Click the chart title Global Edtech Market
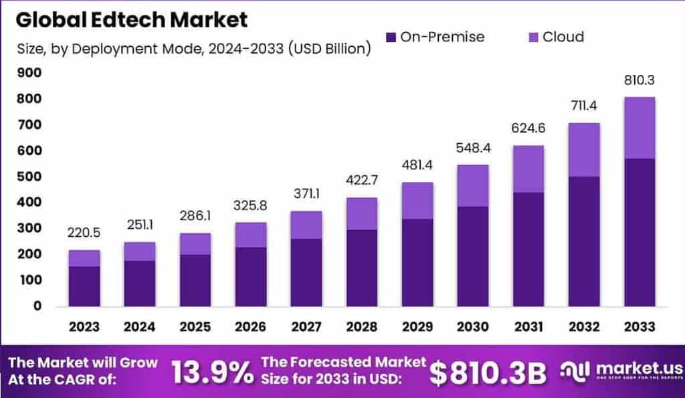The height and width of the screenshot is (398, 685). (x=132, y=19)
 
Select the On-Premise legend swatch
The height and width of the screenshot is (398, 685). (x=391, y=37)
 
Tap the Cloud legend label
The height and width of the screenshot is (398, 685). (x=563, y=37)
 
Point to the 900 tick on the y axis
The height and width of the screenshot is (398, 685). (x=29, y=73)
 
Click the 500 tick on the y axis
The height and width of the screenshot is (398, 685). (x=29, y=177)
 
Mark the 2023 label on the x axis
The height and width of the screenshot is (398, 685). (x=84, y=326)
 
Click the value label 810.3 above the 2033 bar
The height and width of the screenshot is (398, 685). (x=638, y=80)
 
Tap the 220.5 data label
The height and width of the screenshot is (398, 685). (x=84, y=233)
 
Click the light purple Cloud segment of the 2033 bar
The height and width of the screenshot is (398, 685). (x=638, y=128)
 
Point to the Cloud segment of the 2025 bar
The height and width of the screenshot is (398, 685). (x=195, y=243)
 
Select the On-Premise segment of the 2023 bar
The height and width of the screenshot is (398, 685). (x=84, y=286)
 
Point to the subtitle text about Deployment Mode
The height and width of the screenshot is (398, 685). (x=193, y=49)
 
